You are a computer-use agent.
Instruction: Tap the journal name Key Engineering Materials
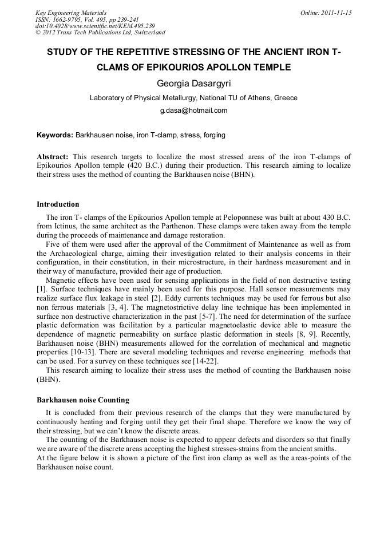pyautogui.click(x=71, y=12)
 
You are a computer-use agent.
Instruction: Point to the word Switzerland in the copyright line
pyautogui.click(x=147, y=33)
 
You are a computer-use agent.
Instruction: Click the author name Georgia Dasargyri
pyautogui.click(x=193, y=84)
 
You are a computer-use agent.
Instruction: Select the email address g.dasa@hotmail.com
pyautogui.click(x=193, y=110)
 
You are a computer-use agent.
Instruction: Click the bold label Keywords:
pyautogui.click(x=55, y=135)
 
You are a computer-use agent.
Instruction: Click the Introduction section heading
pyautogui.click(x=58, y=204)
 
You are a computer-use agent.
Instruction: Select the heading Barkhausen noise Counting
pyautogui.click(x=83, y=400)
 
